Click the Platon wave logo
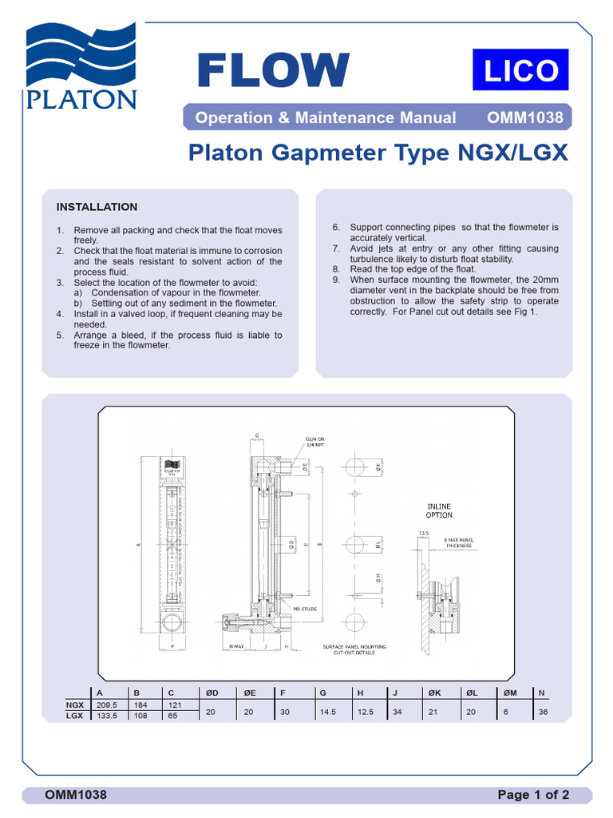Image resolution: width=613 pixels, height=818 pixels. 81,66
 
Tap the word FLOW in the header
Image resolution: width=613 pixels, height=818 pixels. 273,70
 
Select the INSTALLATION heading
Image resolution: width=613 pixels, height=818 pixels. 97,207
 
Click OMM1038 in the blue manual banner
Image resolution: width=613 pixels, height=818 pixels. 524,118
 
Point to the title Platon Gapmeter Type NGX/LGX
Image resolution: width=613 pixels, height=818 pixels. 378,153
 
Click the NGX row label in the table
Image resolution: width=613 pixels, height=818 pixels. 76,705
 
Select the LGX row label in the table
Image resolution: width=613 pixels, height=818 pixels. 76,717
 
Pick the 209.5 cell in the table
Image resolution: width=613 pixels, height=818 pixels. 107,705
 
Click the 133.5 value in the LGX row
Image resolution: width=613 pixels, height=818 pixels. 107,717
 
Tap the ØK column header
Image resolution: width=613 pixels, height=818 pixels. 433,693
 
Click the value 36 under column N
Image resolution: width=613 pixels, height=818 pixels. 544,711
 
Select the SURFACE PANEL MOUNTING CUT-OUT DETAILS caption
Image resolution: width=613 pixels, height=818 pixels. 354,649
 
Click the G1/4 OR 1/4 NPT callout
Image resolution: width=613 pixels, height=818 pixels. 315,442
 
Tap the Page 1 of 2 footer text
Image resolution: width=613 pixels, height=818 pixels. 533,795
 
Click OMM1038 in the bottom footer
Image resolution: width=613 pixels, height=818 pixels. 76,795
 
